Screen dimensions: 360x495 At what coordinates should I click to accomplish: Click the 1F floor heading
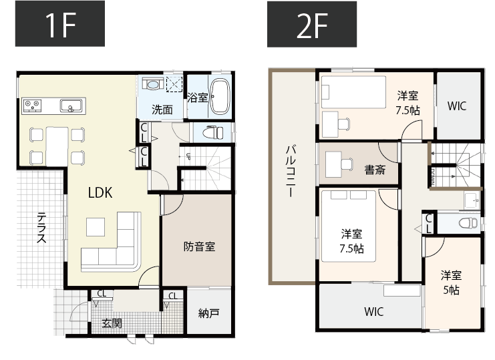59,24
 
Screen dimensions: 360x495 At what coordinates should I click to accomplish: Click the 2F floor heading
312,24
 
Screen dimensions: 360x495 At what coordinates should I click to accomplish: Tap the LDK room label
100,192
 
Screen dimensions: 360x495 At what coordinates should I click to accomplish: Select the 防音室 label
199,246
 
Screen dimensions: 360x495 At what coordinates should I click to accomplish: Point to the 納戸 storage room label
209,313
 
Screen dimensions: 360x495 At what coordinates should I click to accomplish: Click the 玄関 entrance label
112,323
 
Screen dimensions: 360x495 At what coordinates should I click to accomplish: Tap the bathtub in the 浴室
220,97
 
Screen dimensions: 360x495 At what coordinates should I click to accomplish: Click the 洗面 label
162,110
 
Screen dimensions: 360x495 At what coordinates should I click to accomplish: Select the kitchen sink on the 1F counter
71,106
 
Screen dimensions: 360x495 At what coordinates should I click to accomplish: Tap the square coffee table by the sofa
95,227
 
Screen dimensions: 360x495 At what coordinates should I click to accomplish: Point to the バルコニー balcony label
291,171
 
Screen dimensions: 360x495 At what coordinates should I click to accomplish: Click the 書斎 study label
375,170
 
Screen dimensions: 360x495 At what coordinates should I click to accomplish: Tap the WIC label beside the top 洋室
457,106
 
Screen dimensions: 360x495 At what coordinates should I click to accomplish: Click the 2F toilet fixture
468,222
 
